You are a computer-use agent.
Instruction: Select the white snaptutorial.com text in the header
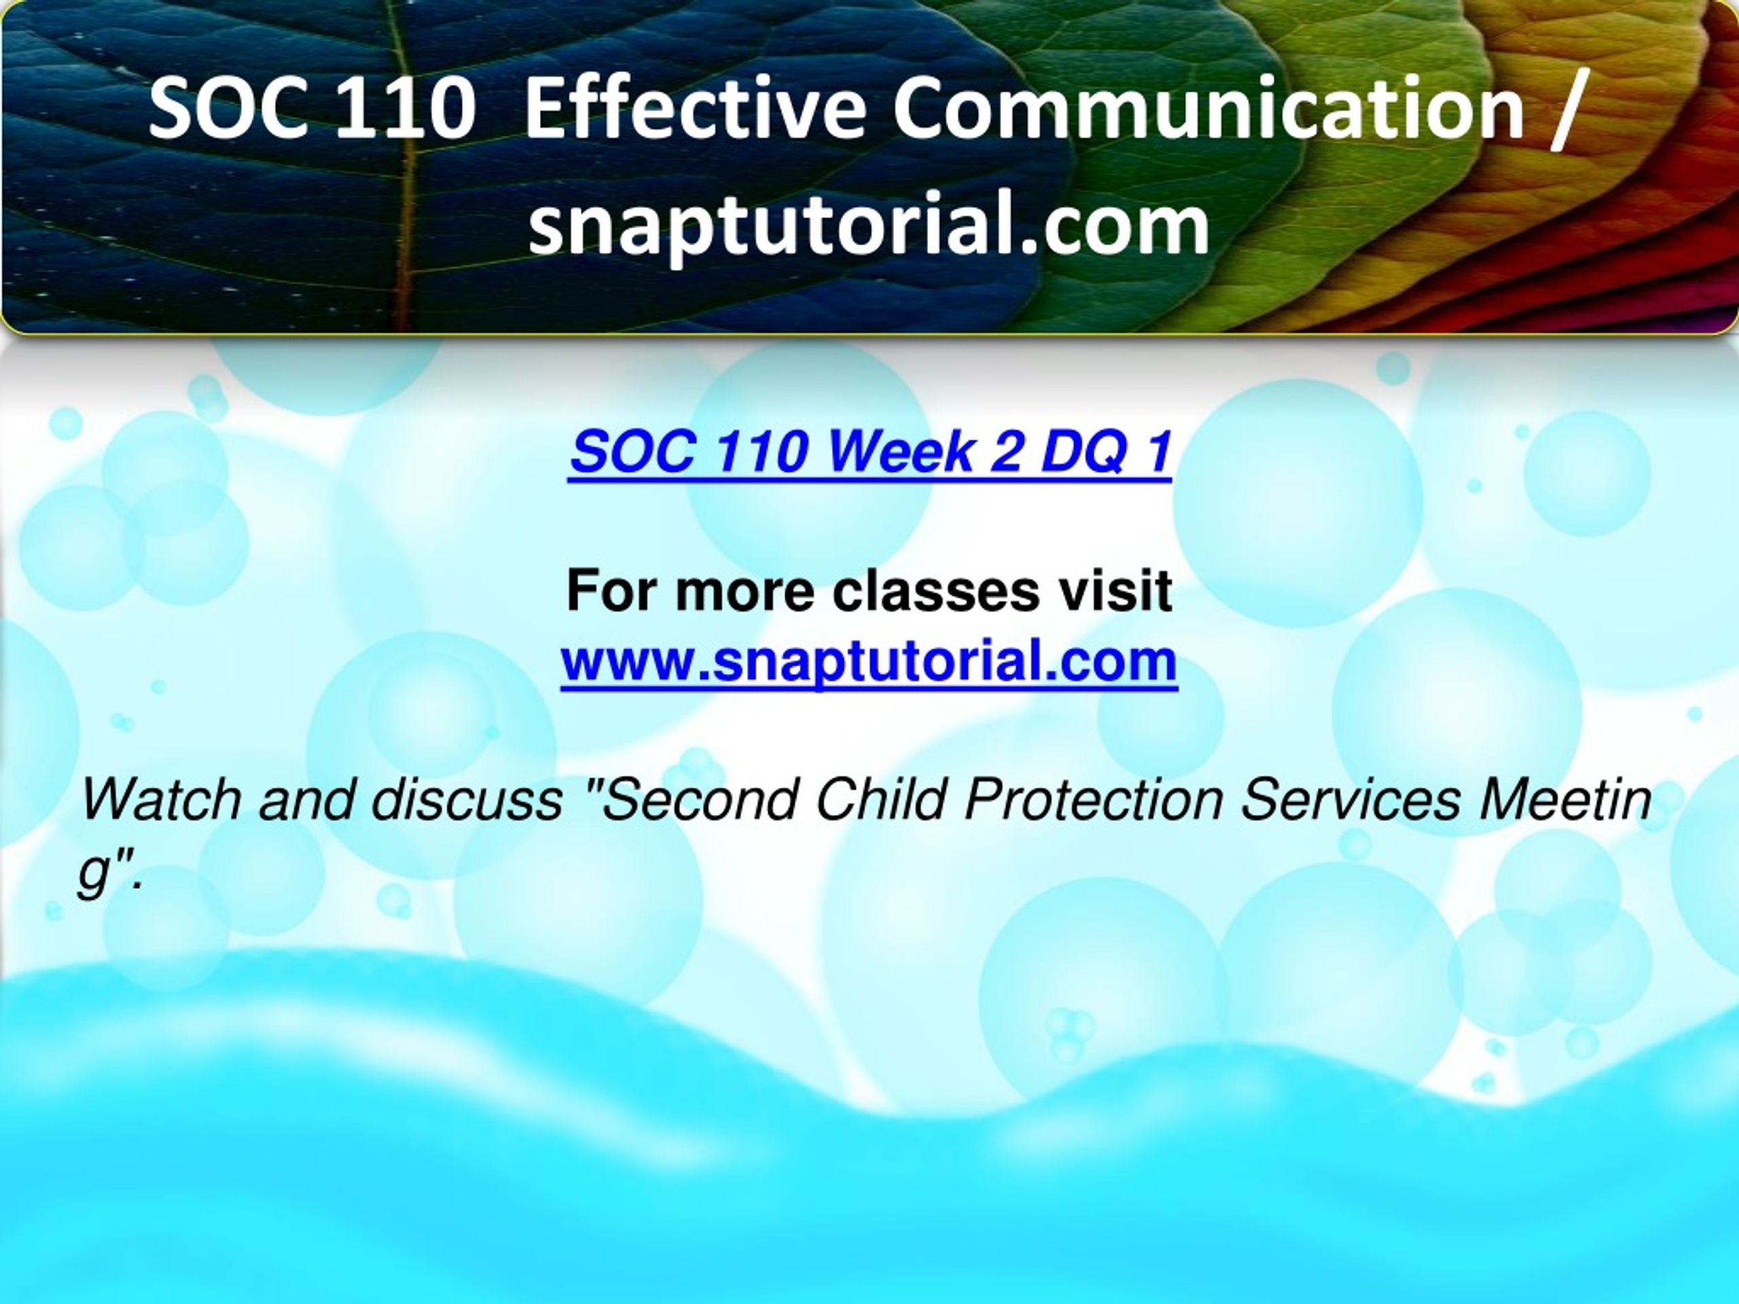[869, 226]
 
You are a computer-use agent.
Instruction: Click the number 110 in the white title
[401, 109]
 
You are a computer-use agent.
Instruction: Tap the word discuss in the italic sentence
[467, 799]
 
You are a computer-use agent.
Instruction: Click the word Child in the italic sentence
[881, 799]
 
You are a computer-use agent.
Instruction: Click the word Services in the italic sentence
[1351, 799]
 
